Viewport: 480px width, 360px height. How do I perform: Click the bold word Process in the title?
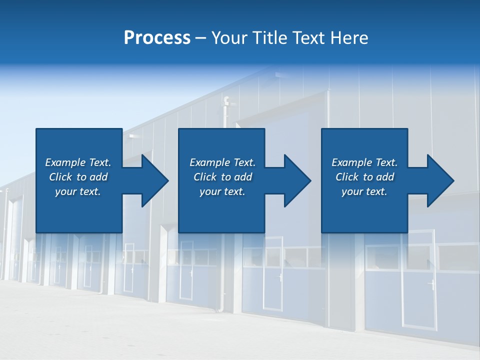[x=157, y=38]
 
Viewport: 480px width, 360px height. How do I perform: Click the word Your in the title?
[x=229, y=38]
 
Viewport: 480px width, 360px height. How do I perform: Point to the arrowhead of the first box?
[x=152, y=180]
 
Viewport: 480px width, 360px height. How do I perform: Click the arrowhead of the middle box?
[x=295, y=180]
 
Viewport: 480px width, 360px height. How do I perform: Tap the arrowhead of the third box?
[x=438, y=180]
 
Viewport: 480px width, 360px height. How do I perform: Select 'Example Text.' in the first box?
[x=78, y=162]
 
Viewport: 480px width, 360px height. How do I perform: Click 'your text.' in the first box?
[x=78, y=191]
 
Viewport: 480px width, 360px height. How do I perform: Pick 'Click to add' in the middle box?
[x=222, y=177]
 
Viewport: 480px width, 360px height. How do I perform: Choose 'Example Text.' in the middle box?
[x=222, y=162]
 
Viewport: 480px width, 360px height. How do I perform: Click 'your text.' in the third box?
[x=364, y=191]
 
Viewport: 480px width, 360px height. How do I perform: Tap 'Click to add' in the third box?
[x=364, y=177]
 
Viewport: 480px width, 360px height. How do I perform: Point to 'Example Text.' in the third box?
[x=364, y=162]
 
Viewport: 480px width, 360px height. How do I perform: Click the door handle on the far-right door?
[x=431, y=285]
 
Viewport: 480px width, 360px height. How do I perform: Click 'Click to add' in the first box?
[x=78, y=177]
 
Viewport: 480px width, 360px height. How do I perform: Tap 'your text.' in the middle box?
[x=222, y=191]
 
